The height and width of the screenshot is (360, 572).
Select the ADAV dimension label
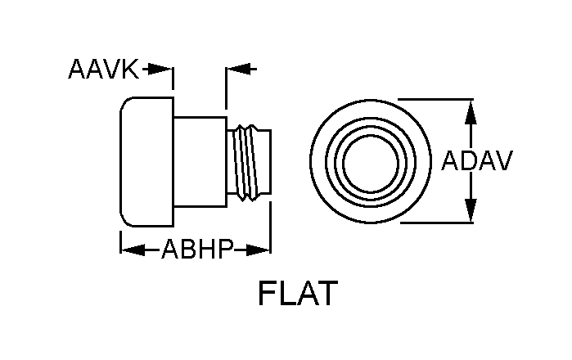[477, 160]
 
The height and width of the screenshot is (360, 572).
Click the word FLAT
[297, 294]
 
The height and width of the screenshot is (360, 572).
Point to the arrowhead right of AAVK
[167, 70]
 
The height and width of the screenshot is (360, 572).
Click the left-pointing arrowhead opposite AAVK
[232, 70]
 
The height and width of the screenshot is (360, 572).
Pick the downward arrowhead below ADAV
[470, 214]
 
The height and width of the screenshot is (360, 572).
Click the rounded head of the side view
[146, 163]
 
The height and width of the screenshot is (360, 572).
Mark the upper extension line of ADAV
[442, 100]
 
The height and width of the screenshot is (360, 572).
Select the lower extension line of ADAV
[442, 223]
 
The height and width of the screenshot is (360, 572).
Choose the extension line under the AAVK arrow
[173, 80]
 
